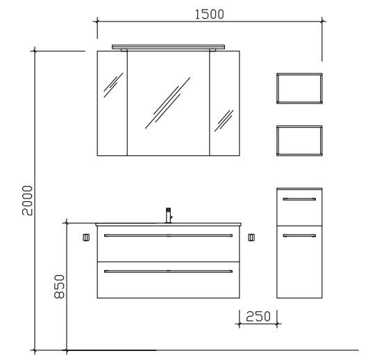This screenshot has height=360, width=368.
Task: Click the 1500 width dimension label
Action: [210, 15]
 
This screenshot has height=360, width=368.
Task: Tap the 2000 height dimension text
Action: [27, 200]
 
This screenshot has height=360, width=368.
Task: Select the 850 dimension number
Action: [59, 286]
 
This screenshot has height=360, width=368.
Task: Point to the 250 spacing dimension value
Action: [258, 316]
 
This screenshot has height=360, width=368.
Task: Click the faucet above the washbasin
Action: [169, 215]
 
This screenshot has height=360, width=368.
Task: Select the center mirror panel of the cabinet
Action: [168, 103]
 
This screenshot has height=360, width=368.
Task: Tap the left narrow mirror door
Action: [112, 103]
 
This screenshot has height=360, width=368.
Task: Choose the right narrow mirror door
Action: [224, 103]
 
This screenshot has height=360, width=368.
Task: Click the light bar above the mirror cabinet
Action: [168, 47]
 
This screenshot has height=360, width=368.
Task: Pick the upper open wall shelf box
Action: [299, 74]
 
